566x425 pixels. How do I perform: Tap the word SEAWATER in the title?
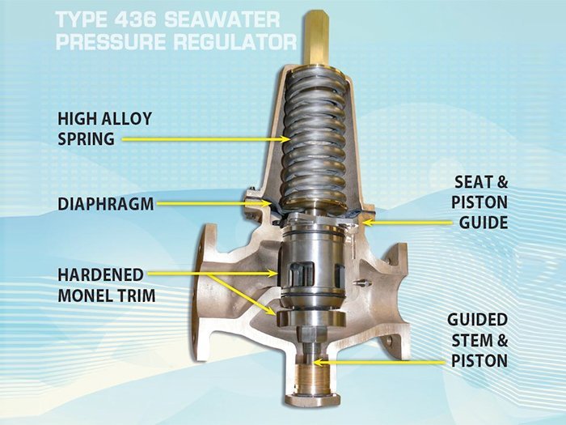[222, 20]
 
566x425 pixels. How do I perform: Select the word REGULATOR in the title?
[235, 42]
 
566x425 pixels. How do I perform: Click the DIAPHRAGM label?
[106, 204]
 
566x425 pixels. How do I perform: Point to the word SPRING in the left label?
[87, 139]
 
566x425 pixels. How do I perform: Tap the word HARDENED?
[101, 275]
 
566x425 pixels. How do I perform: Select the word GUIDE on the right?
[484, 223]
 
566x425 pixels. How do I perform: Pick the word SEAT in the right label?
[470, 182]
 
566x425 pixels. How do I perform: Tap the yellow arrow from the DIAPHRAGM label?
[214, 203]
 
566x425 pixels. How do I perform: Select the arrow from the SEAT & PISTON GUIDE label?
[407, 223]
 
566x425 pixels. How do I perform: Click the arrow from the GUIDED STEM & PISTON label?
[379, 361]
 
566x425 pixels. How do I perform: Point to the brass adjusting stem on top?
[316, 39]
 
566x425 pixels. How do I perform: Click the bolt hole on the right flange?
[390, 340]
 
